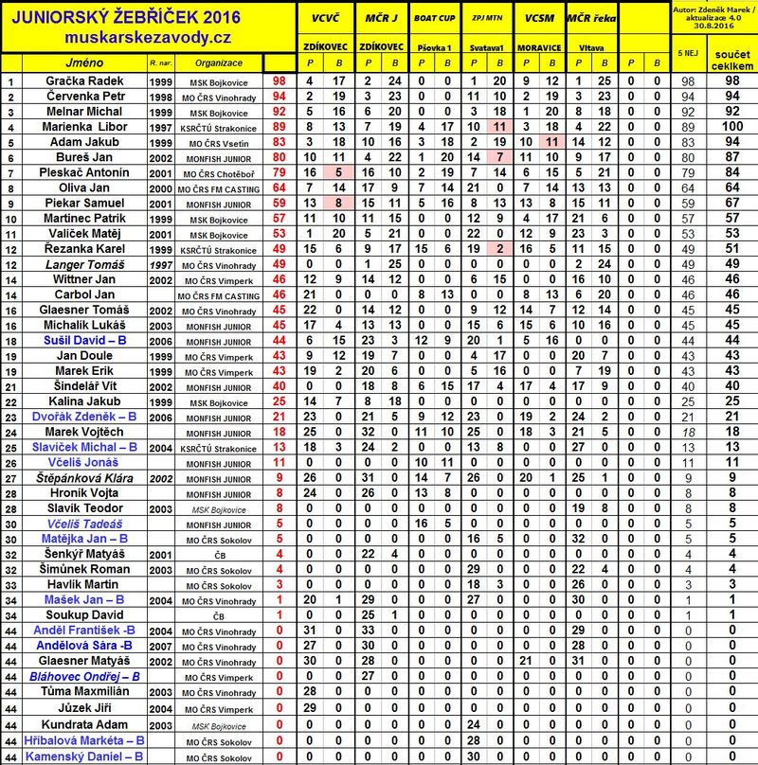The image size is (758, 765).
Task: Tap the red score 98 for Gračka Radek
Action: click(279, 81)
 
